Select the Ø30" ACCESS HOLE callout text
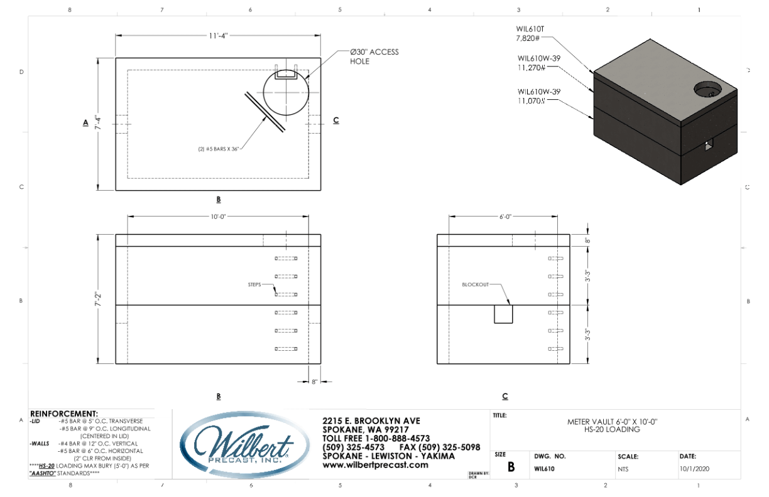[374, 56]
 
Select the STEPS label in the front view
[254, 284]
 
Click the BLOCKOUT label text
[475, 284]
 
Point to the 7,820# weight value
[528, 38]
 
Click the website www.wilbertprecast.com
[375, 465]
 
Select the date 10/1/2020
[694, 468]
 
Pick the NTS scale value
[623, 468]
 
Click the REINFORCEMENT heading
[64, 414]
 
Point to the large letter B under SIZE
[511, 468]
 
